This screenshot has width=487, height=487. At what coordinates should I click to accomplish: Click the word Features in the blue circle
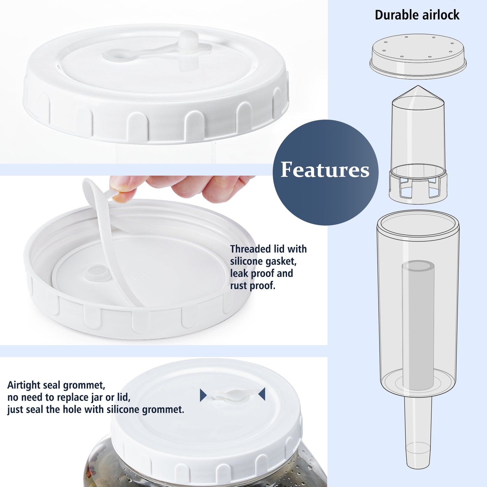pos(325,170)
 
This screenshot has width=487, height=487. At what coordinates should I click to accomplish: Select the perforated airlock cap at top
pos(418,56)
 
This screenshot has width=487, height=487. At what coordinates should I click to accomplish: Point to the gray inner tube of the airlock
pos(418,325)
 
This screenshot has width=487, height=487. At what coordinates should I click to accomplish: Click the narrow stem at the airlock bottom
pos(418,432)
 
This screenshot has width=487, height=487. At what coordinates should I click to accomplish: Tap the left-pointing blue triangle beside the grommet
pos(262,394)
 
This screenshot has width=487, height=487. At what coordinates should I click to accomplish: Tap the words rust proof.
pos(253,286)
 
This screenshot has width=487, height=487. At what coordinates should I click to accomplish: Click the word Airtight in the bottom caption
pos(24,385)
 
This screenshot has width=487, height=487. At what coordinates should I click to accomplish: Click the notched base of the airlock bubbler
pos(418,188)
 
